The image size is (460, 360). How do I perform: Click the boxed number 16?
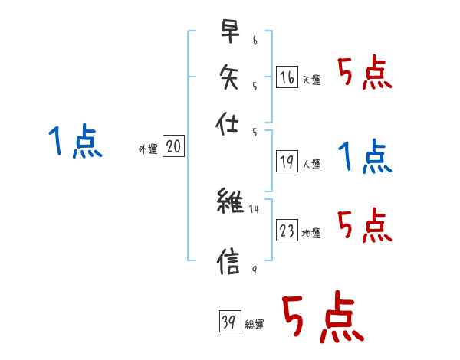[x=287, y=77]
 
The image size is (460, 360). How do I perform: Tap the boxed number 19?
[x=287, y=162]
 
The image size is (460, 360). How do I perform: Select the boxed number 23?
[x=287, y=231]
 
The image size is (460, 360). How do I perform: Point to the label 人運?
[x=311, y=164]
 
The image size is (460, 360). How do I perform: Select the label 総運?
[x=255, y=325]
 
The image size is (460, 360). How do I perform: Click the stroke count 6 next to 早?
[x=255, y=38]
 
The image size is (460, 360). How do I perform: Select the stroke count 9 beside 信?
[x=254, y=268]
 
